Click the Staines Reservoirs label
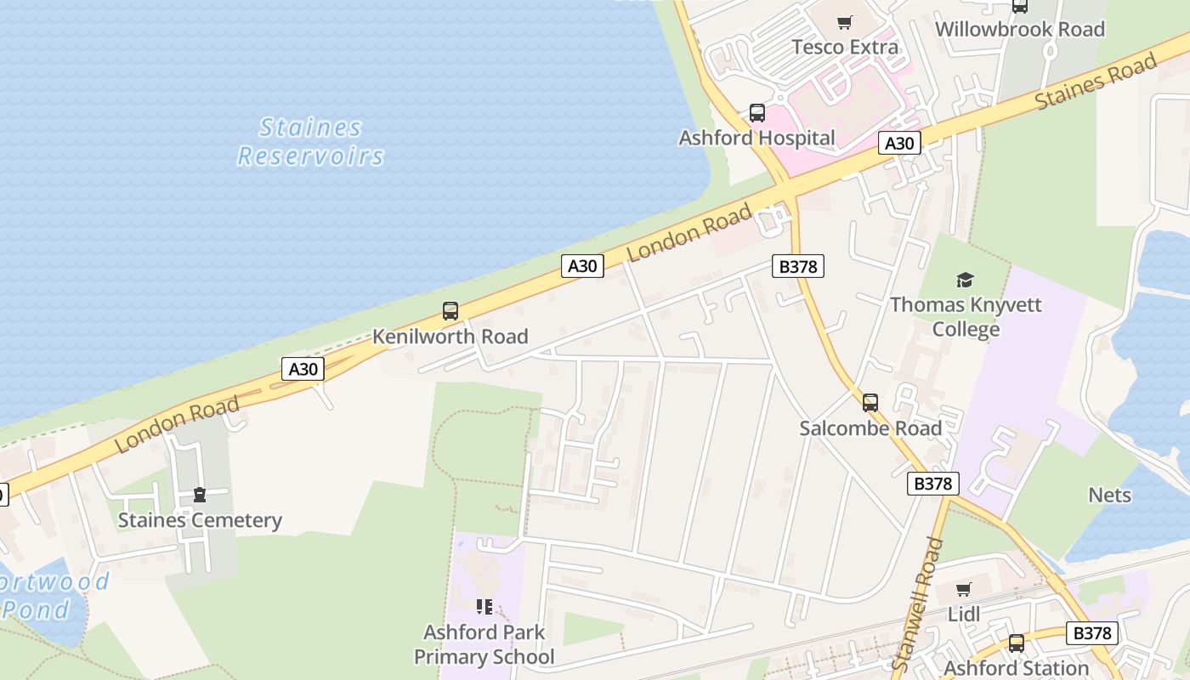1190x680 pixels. coord(311,142)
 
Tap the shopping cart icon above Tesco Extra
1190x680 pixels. coord(844,23)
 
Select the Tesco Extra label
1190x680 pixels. coord(845,47)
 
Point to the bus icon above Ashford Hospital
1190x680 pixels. coord(756,113)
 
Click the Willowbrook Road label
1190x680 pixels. coord(1019,29)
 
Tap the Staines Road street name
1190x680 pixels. coord(1096,82)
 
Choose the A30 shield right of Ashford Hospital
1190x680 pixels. coord(898,144)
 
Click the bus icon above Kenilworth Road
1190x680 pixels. coord(450,312)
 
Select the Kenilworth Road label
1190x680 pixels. coord(450,337)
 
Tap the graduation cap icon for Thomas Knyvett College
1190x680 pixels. coord(965,280)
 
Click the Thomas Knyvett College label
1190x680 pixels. coord(966,316)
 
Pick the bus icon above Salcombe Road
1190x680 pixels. coord(870,403)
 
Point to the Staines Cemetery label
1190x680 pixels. coord(200,520)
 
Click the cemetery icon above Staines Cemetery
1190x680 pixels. coord(200,495)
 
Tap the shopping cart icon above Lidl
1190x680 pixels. coord(963,590)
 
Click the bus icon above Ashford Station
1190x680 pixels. coord(1017,643)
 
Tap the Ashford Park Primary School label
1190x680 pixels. coord(484,644)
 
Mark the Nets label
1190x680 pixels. coord(1109,495)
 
